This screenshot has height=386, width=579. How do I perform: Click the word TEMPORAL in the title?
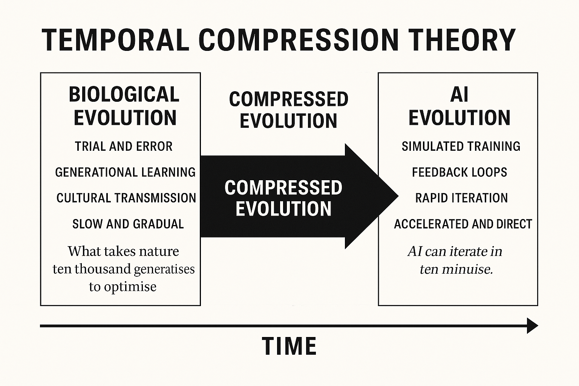coord(116,40)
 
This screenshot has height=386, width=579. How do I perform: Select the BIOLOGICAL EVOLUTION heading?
coord(124,106)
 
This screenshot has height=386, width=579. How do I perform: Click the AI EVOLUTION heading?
coord(460,106)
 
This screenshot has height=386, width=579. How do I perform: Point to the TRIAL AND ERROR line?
coord(124,146)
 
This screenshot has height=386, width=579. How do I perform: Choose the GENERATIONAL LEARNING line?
coord(126,172)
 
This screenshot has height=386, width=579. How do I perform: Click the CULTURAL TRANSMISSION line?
coord(126,198)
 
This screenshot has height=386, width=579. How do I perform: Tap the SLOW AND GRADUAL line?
coord(128,224)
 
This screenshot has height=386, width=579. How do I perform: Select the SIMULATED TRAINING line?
coord(461,146)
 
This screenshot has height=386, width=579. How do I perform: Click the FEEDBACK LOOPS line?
coord(460,172)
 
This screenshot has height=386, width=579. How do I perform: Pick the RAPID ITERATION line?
coord(461,198)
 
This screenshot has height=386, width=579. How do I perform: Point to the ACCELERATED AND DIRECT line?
coord(463,224)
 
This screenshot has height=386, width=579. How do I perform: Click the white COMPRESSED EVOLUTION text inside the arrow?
coord(283,198)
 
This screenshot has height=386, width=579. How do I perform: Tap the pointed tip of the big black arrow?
coord(398,196)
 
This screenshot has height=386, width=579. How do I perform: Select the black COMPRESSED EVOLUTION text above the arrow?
coord(289,110)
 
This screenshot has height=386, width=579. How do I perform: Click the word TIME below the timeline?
coord(289,346)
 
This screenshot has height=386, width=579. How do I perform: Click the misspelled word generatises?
coord(164,269)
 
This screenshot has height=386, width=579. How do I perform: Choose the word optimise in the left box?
coord(130,287)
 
